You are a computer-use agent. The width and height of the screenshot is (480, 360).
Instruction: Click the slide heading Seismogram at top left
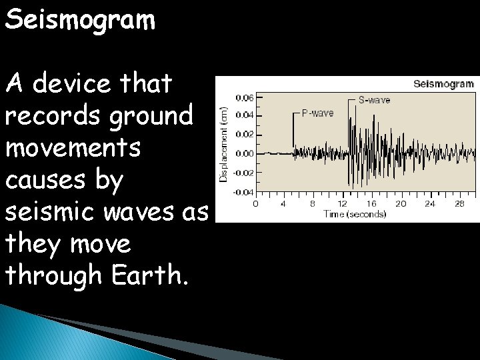pyautogui.click(x=81, y=20)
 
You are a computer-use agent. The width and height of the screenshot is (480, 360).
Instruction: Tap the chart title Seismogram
pyautogui.click(x=443, y=84)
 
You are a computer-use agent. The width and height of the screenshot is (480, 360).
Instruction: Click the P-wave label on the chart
pyautogui.click(x=317, y=113)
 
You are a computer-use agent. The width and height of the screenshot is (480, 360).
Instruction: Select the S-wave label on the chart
pyautogui.click(x=374, y=100)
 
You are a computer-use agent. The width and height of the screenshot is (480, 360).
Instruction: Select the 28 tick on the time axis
pyautogui.click(x=459, y=204)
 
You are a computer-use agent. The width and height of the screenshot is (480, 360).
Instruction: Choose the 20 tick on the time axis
pyautogui.click(x=401, y=204)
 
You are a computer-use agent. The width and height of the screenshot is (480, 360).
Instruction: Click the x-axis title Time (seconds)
pyautogui.click(x=355, y=214)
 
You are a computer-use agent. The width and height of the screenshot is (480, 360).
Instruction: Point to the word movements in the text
pyautogui.click(x=73, y=148)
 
